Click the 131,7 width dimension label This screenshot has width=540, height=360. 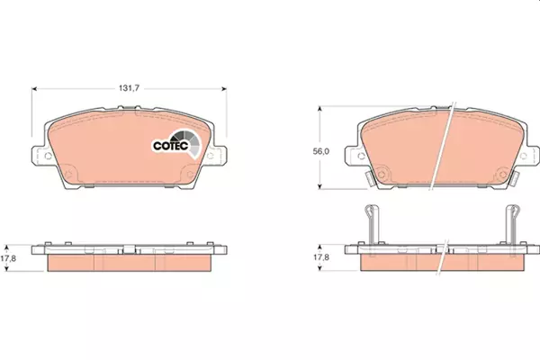[x=129, y=88]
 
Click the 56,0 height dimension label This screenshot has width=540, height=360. [x=321, y=151]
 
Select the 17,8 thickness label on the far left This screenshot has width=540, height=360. [x=8, y=258]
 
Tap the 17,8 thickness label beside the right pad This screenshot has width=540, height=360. [x=321, y=257]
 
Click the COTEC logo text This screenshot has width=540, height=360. [x=171, y=146]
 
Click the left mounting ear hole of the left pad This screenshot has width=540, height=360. [x=49, y=156]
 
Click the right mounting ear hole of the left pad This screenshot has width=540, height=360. [x=210, y=156]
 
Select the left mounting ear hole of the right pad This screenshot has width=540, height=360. [x=361, y=156]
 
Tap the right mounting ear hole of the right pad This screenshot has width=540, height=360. [x=523, y=156]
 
